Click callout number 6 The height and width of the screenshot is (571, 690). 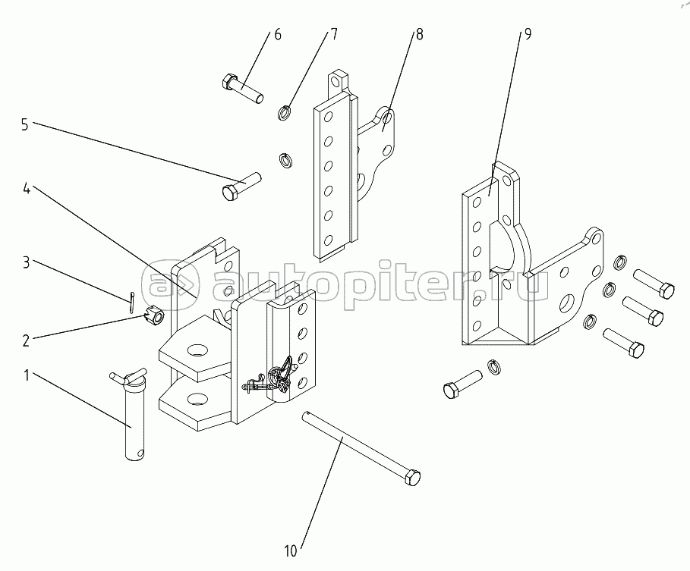pyautogui.click(x=277, y=35)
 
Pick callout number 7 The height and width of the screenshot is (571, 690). pyautogui.click(x=333, y=35)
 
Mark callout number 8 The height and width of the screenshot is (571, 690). pyautogui.click(x=419, y=35)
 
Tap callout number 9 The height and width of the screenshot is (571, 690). pyautogui.click(x=527, y=35)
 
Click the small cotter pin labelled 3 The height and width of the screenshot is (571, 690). pyautogui.click(x=132, y=300)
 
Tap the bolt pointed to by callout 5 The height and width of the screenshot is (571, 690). pyautogui.click(x=241, y=187)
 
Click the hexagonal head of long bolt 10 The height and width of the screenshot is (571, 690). pyautogui.click(x=411, y=479)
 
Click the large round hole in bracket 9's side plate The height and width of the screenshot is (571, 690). pyautogui.click(x=567, y=304)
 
